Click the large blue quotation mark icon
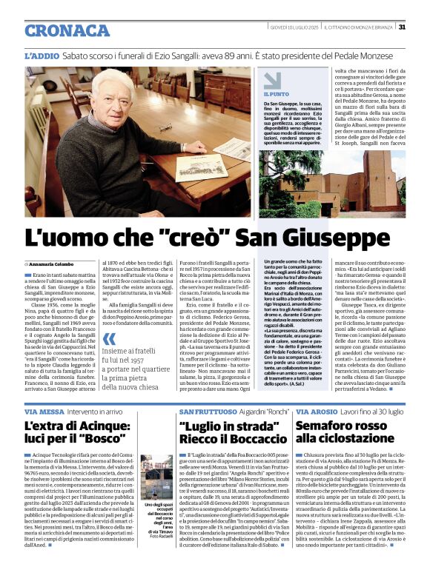[x=109, y=360]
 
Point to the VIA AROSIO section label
[x=318, y=411]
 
